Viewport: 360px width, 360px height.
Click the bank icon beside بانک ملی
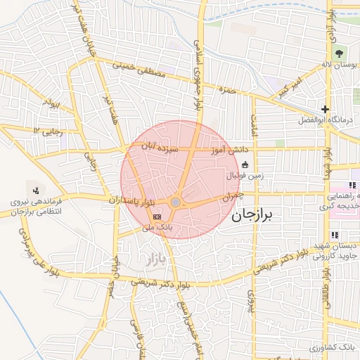157,217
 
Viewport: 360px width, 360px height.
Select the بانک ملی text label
157,228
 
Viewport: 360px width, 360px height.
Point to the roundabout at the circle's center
175,203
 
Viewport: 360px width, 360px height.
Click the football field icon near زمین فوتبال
235,165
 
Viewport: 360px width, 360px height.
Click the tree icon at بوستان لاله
340,53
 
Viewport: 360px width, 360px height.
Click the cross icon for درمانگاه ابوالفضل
325,109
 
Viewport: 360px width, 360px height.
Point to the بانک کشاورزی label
332,348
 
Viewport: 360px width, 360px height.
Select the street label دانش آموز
229,149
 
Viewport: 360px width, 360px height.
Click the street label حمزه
226,89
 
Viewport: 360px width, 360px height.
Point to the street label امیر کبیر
290,89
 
